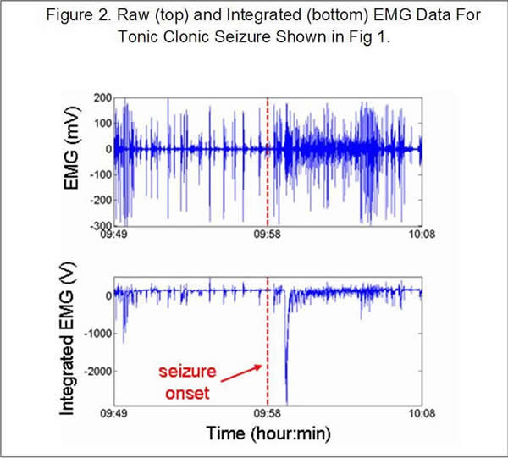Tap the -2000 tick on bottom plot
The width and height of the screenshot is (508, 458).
tap(93, 371)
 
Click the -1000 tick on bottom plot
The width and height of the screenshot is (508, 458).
tap(93, 334)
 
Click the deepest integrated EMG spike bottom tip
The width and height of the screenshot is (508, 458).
tap(286, 403)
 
